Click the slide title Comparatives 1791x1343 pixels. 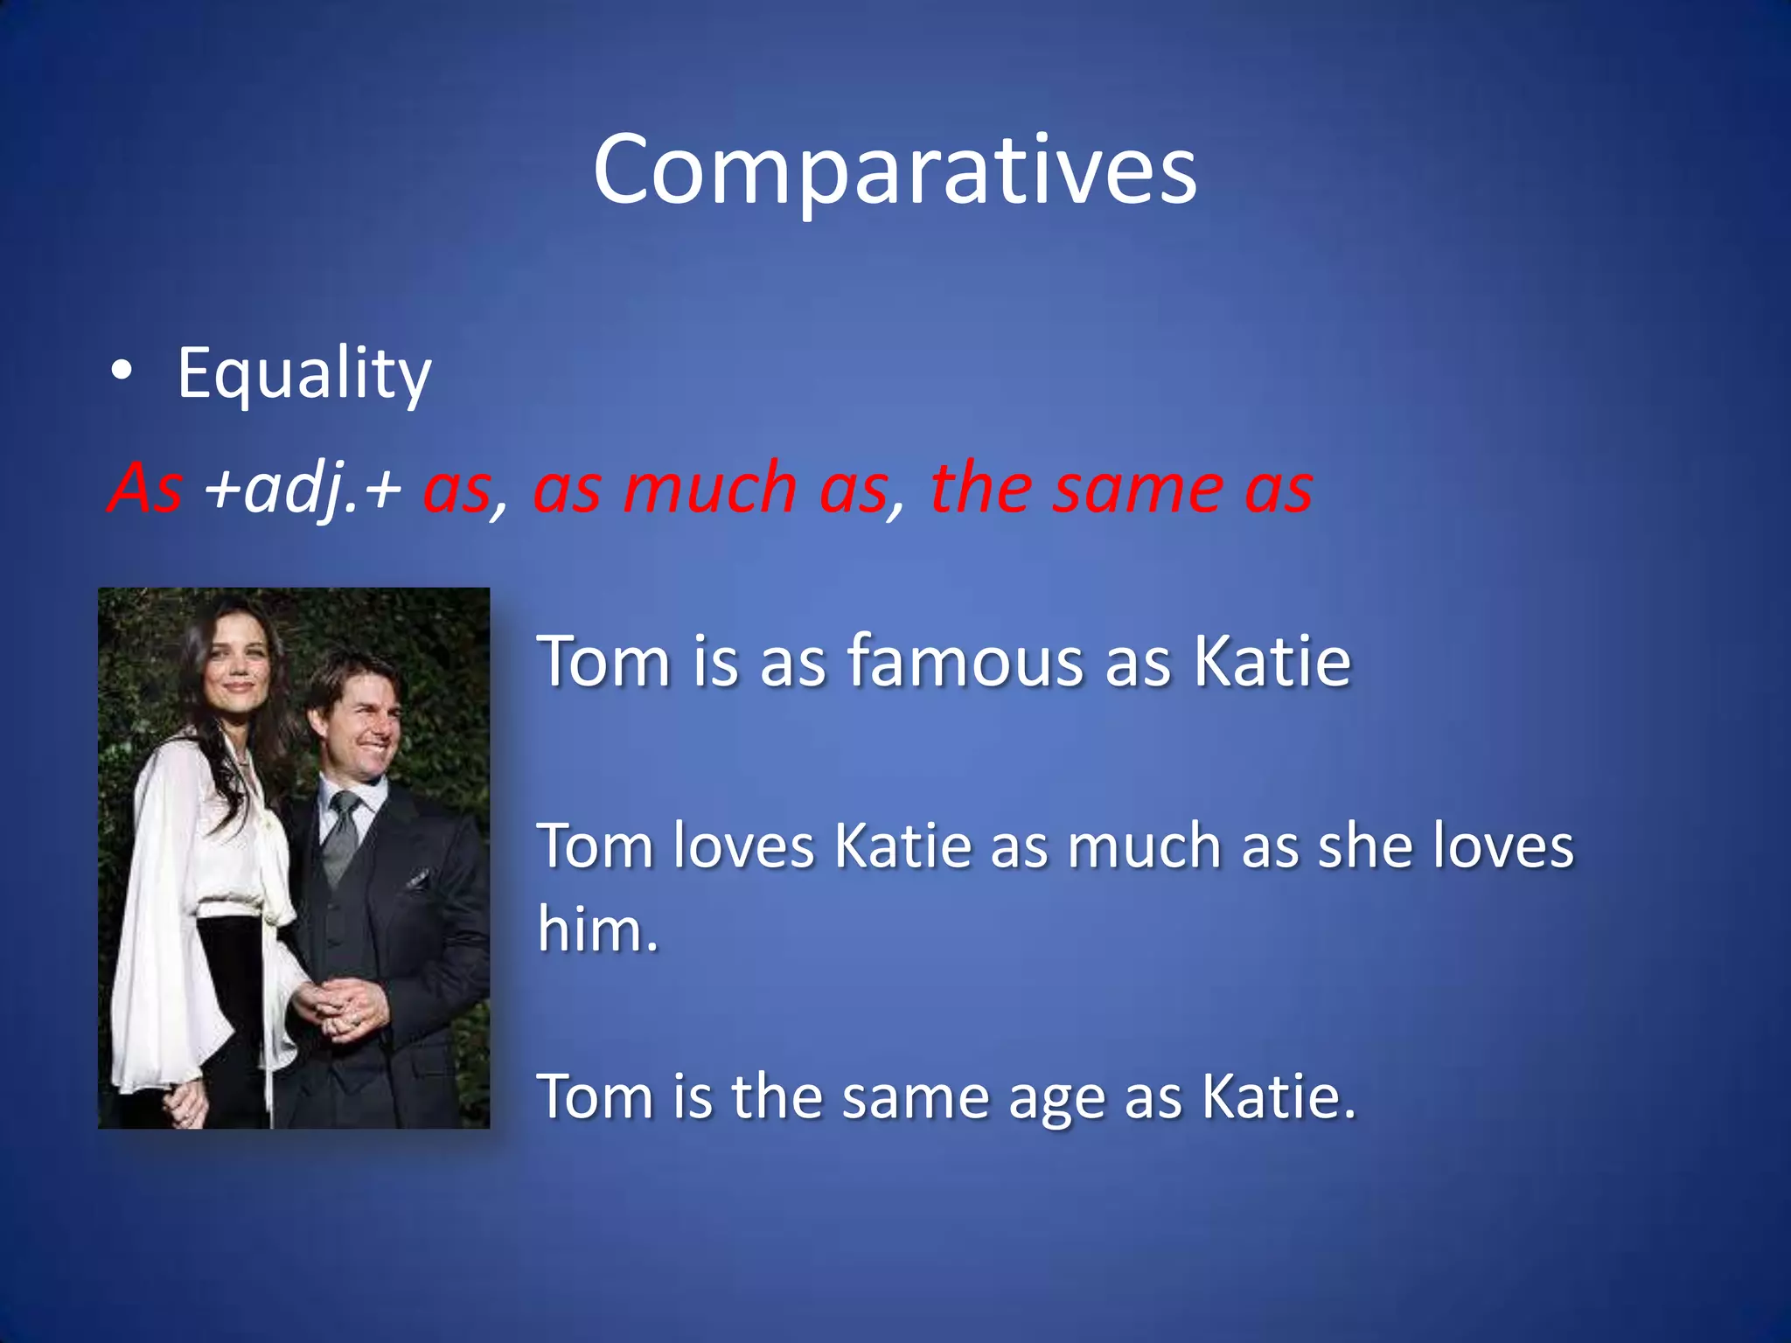coord(895,170)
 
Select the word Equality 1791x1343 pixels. coord(303,374)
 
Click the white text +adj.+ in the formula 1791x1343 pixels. coord(302,488)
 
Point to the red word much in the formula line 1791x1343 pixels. coord(709,488)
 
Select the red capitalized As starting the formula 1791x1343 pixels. coord(145,488)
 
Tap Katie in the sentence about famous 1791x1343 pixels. coord(1272,662)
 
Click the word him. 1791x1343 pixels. coord(597,929)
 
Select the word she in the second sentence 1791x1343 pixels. coord(1364,846)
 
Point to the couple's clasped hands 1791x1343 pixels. coord(345,1006)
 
